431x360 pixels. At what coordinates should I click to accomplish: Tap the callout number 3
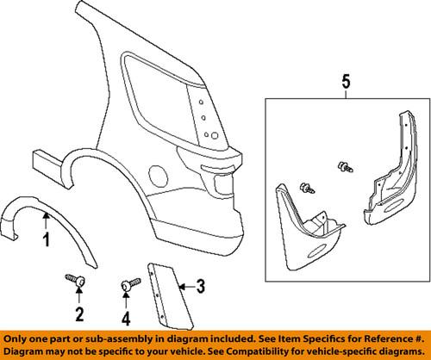pyautogui.click(x=199, y=284)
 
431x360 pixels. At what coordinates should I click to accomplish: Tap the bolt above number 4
pyautogui.click(x=129, y=283)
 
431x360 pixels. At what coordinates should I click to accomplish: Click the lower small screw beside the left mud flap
pyautogui.click(x=305, y=188)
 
